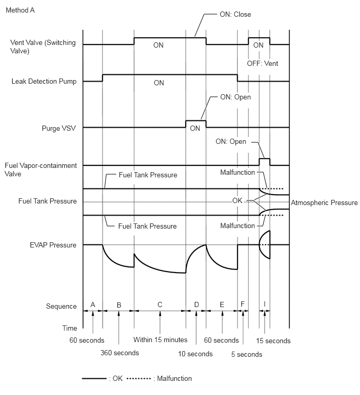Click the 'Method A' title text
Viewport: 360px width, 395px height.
(x=20, y=10)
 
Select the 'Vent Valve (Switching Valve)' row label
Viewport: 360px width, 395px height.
(x=43, y=47)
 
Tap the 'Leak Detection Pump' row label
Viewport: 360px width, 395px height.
(x=44, y=82)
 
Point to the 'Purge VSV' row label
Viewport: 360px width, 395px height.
(x=59, y=128)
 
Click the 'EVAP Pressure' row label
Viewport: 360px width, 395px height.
(x=53, y=245)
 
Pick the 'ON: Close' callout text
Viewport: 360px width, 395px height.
(x=235, y=14)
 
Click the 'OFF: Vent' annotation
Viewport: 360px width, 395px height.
(x=263, y=63)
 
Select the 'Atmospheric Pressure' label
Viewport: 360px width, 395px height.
(x=324, y=203)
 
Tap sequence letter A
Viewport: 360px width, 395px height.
(x=93, y=305)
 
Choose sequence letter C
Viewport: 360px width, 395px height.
(x=160, y=305)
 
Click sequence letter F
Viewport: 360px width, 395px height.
(x=243, y=304)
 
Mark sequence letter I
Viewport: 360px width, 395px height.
(x=265, y=304)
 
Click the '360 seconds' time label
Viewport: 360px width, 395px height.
(x=120, y=353)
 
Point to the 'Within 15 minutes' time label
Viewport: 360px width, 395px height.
(x=161, y=340)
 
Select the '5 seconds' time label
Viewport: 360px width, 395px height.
(x=246, y=354)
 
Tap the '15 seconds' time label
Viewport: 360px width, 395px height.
(x=273, y=341)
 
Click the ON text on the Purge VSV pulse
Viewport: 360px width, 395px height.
(x=195, y=129)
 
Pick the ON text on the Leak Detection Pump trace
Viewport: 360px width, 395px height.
(x=159, y=83)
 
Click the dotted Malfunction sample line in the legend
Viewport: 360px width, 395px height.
(x=139, y=378)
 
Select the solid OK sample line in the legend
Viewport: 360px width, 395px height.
(x=94, y=378)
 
